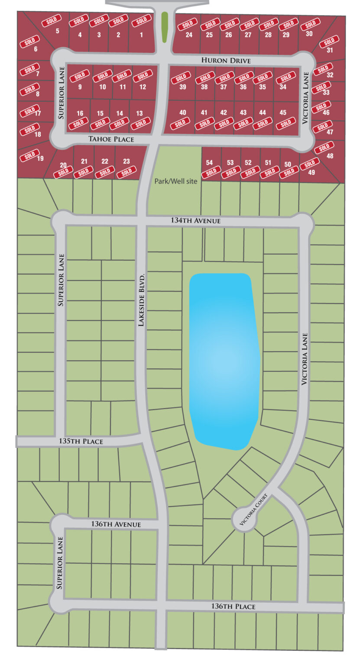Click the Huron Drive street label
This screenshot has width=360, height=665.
(226, 61)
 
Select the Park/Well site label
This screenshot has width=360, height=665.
(176, 181)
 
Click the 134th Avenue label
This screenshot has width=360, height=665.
(196, 221)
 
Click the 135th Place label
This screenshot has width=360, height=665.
(81, 442)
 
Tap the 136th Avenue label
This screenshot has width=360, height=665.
(116, 524)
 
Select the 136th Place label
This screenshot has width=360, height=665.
(233, 607)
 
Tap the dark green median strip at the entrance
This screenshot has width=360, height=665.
(164, 27)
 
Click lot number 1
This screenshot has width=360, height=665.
(141, 35)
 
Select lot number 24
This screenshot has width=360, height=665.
(189, 35)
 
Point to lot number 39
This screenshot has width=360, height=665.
(183, 87)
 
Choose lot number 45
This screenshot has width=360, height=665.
(283, 113)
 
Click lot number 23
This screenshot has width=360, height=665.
(126, 161)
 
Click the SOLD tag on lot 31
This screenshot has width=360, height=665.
(329, 42)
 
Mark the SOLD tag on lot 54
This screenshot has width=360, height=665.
(211, 172)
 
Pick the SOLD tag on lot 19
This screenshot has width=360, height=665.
(29, 155)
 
